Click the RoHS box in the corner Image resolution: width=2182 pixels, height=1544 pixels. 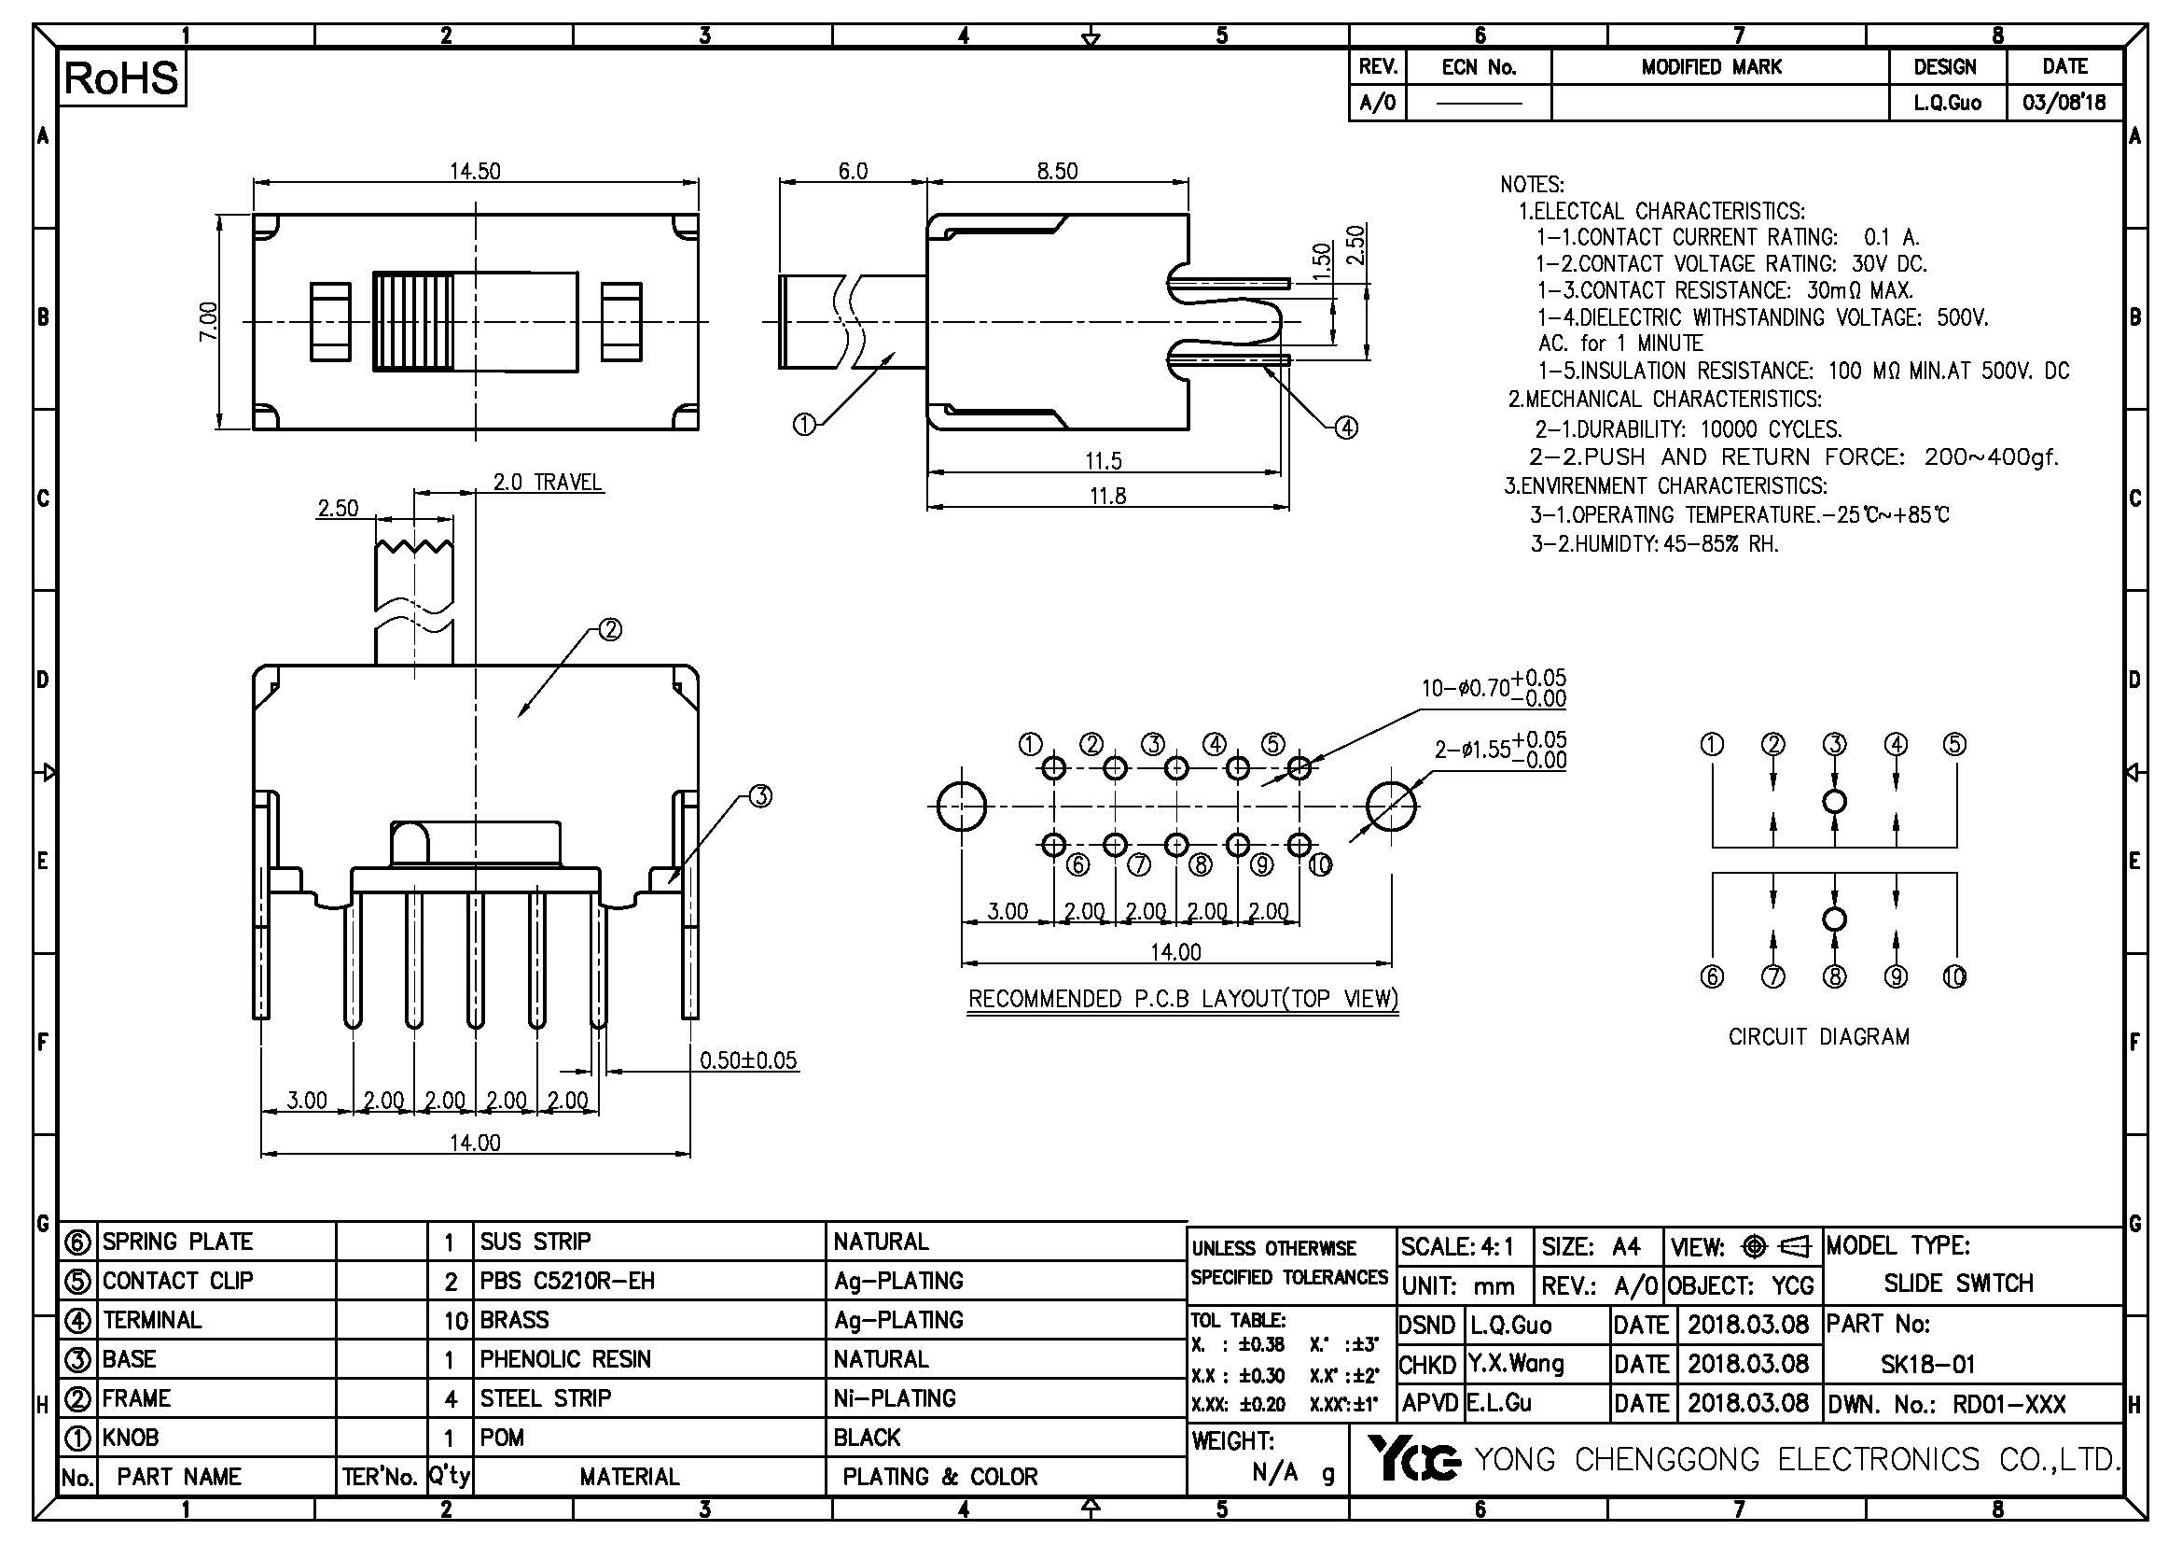point(121,78)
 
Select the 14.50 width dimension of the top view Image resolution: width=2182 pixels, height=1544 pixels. point(474,171)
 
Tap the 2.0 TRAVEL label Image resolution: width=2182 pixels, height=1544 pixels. point(547,482)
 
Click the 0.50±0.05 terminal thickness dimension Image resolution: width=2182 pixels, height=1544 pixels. point(748,1060)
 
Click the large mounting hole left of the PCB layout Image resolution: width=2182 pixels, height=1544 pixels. point(961,807)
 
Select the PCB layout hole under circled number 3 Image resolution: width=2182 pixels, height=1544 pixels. point(1176,767)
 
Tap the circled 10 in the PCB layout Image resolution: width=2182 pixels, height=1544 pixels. point(1320,864)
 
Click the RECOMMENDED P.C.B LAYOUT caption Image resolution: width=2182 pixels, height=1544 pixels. point(1182,999)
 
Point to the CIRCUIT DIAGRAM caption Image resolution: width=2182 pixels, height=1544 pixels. point(1818,1037)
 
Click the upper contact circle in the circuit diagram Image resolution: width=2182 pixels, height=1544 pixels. point(1835,802)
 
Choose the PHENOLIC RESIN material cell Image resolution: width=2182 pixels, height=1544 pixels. point(565,1359)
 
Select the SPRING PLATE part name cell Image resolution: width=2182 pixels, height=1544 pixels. point(178,1242)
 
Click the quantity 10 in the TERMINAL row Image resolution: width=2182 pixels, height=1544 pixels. point(455,1321)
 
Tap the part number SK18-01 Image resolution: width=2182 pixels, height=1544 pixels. point(1927,1365)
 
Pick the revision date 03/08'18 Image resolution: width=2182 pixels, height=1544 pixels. point(2064,103)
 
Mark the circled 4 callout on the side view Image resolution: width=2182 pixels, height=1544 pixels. point(1346,428)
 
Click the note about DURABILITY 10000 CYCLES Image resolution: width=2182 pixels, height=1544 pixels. point(1688,428)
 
